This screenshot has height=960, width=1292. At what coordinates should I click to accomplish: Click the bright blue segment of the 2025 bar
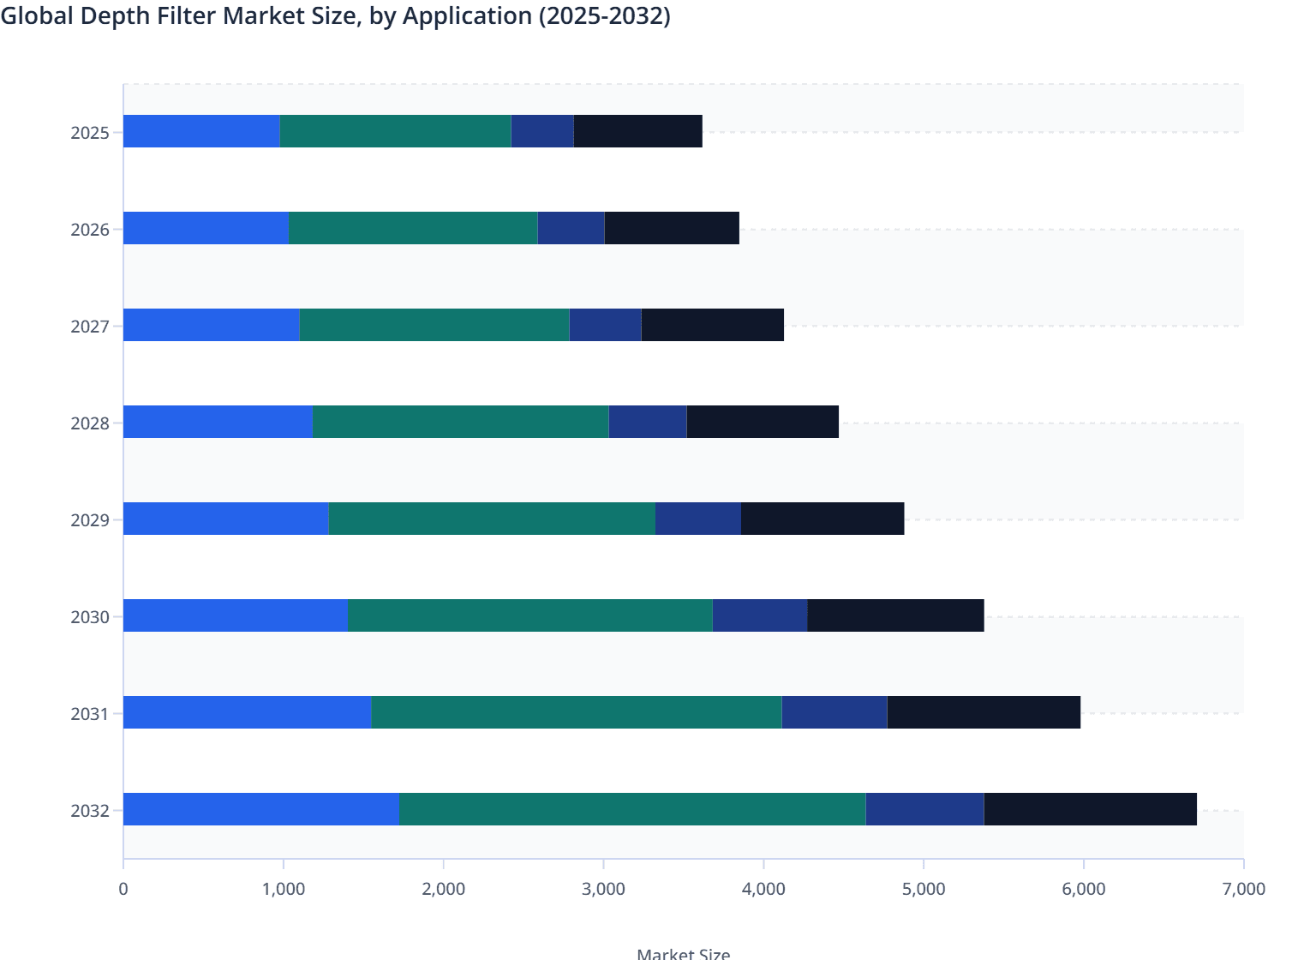point(201,131)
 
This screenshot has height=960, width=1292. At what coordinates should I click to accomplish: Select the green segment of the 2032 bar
point(632,809)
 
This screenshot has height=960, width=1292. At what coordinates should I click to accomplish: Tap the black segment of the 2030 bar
point(895,615)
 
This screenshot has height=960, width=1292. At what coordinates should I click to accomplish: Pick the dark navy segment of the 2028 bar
point(648,422)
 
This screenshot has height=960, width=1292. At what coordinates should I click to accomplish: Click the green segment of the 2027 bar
point(434,325)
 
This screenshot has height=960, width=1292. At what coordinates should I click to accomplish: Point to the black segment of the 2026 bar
point(672,228)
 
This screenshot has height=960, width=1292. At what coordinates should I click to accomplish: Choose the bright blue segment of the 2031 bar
point(248,712)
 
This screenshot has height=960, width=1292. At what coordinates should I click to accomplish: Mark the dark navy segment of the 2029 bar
point(698,519)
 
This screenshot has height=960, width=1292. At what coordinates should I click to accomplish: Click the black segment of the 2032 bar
point(1090,809)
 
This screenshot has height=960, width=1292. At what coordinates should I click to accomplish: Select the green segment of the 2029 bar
point(492,519)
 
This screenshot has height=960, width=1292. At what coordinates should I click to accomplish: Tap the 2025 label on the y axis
point(90,133)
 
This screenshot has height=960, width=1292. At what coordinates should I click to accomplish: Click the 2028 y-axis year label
point(90,423)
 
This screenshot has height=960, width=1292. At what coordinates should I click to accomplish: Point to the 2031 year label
point(90,714)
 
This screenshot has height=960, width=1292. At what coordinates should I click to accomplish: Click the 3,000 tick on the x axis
point(603,889)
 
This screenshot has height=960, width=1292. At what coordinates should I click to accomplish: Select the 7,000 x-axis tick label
point(1242,889)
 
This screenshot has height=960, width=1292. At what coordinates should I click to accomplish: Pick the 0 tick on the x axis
point(123,889)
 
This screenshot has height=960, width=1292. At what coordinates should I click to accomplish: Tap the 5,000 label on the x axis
point(923,889)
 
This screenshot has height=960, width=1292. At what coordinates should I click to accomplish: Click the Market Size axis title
point(683,953)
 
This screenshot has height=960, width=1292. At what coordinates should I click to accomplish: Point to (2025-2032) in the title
point(604,15)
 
